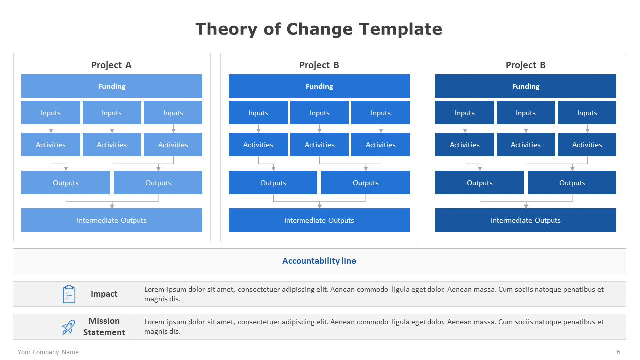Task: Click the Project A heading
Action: click(x=111, y=65)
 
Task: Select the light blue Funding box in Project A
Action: click(x=112, y=86)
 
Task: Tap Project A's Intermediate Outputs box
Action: click(x=112, y=220)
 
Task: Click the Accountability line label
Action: click(x=319, y=261)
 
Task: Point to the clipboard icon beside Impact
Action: click(x=69, y=294)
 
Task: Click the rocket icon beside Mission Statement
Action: click(x=69, y=327)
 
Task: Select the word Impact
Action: click(x=104, y=294)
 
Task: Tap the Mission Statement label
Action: click(x=104, y=327)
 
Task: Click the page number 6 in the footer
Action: click(x=618, y=352)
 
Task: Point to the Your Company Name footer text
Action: click(x=48, y=352)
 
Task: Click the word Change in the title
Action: click(x=319, y=29)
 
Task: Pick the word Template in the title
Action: click(x=401, y=29)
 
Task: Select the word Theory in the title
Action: click(x=226, y=29)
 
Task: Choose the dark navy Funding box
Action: click(x=526, y=86)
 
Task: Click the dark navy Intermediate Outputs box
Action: click(x=526, y=220)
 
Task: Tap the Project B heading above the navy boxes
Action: click(x=526, y=65)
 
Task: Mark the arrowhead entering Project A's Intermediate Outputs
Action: click(x=112, y=205)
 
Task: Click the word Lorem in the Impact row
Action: click(x=154, y=289)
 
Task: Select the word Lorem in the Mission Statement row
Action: click(x=154, y=322)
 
